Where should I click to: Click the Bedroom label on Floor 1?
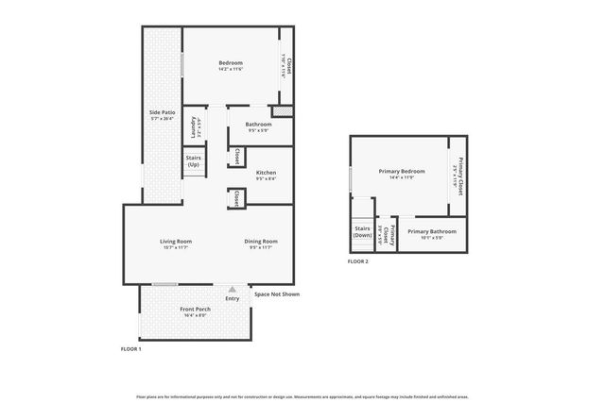(231, 63)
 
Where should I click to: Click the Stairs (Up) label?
(193, 161)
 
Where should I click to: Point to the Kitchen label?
(267, 173)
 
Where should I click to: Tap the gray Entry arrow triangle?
(232, 290)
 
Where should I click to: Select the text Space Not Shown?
(277, 294)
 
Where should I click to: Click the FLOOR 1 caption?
(130, 349)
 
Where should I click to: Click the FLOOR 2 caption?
(358, 260)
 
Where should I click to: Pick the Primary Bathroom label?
(432, 231)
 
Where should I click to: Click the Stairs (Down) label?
(362, 231)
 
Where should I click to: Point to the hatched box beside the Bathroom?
(288, 111)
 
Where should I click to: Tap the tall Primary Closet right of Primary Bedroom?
(458, 176)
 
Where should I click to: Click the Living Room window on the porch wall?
(165, 284)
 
